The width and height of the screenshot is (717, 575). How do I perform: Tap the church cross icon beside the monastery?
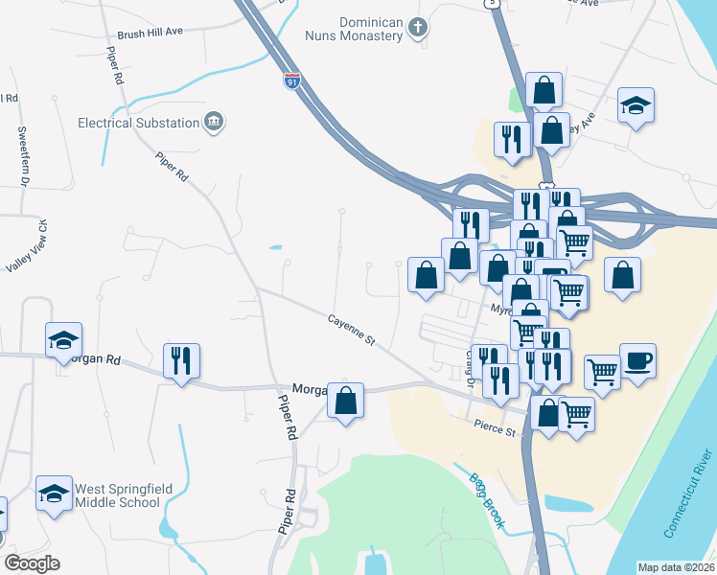click(417, 28)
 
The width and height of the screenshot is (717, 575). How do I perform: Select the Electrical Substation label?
click(138, 123)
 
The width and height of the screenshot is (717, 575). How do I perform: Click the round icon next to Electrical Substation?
click(214, 122)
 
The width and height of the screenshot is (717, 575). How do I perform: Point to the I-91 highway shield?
click(290, 82)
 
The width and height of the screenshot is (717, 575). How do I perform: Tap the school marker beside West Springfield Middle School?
click(55, 494)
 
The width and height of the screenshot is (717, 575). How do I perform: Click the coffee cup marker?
click(637, 361)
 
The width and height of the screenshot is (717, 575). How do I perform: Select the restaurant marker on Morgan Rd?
click(181, 360)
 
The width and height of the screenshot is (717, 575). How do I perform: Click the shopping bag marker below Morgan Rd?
click(346, 401)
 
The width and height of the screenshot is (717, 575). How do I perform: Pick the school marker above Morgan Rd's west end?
click(64, 339)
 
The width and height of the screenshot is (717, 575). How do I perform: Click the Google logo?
click(32, 563)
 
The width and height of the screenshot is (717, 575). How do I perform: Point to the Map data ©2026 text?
click(675, 567)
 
